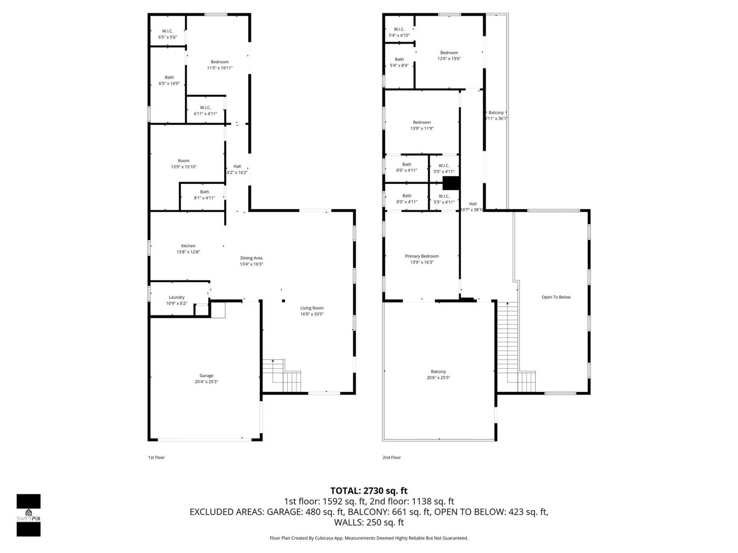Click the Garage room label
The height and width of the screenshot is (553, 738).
click(206, 376)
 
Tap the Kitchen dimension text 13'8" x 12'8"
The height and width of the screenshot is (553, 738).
click(188, 252)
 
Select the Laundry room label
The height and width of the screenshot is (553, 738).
click(176, 297)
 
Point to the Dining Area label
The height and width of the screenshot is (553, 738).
click(251, 258)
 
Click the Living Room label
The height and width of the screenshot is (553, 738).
click(312, 308)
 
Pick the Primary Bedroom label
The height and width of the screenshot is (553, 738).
click(422, 256)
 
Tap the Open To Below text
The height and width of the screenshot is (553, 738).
click(556, 297)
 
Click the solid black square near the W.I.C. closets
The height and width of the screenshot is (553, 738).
click(451, 183)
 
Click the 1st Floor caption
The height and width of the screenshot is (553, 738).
click(156, 457)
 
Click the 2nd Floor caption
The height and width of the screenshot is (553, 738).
click(391, 457)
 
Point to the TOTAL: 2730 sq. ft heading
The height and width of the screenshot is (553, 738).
click(369, 491)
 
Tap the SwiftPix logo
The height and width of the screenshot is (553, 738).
click(28, 515)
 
